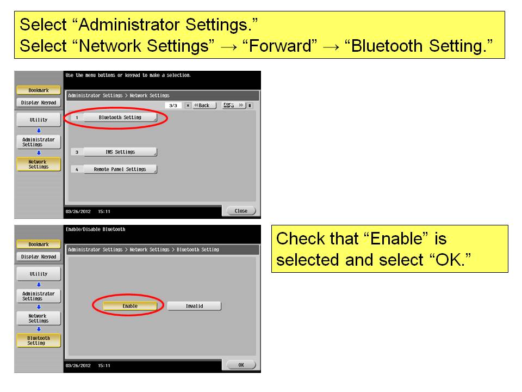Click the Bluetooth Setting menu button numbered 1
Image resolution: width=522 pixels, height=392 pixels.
coord(120,118)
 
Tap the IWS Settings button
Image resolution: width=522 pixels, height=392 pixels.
coord(120,152)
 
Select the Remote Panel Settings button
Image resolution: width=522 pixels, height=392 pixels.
coord(120,169)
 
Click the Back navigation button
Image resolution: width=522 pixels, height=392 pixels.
coord(204,105)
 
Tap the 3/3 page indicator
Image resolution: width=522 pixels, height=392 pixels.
coord(173,105)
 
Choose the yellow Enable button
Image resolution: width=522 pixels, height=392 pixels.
coord(130,306)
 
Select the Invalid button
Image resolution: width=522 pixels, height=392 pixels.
coord(194,306)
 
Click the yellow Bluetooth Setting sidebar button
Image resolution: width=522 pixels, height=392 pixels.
coord(39,340)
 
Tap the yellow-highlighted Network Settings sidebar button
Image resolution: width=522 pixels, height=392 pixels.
coord(39,164)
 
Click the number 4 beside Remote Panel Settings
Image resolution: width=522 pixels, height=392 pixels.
coord(77,170)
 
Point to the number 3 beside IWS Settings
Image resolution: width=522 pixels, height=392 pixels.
coord(77,152)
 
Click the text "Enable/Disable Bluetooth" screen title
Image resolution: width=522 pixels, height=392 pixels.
coord(96,229)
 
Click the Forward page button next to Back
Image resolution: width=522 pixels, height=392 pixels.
coord(234,105)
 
